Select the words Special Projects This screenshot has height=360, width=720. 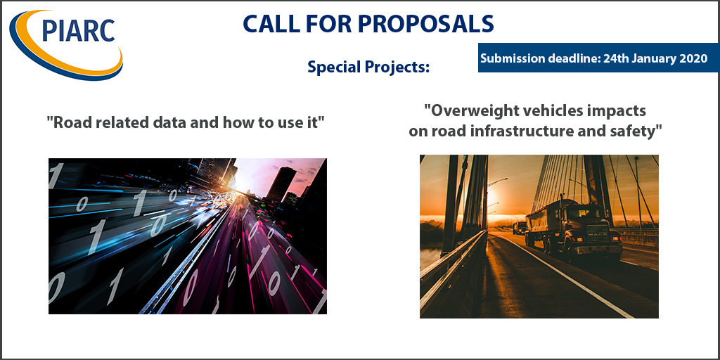[368, 67]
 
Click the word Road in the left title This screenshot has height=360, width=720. [70, 122]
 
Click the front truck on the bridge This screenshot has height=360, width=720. [573, 227]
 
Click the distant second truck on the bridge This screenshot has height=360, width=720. [520, 227]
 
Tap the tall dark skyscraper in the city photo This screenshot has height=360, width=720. [281, 184]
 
